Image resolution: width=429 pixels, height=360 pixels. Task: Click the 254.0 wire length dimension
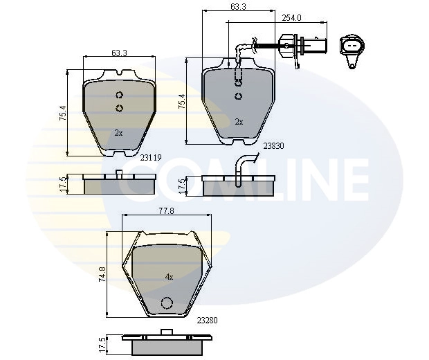291,19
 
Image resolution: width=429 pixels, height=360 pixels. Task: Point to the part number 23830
274,145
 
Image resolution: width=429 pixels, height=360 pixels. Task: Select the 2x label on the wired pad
239,121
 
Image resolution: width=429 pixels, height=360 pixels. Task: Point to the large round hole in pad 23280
166,303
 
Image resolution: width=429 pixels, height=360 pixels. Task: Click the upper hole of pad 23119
118,96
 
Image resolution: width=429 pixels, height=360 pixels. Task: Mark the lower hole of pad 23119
118,107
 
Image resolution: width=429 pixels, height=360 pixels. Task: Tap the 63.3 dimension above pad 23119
118,51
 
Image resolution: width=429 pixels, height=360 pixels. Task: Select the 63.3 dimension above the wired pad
239,7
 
